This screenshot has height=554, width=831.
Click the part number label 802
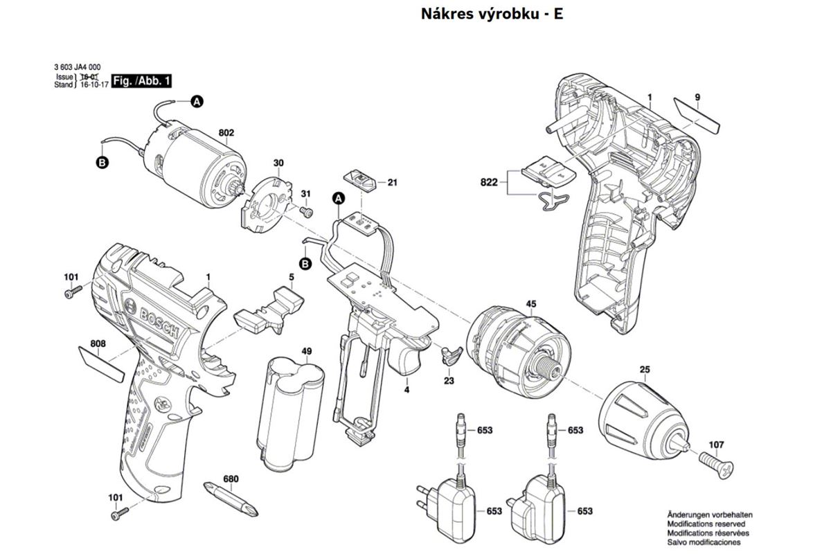point(226,132)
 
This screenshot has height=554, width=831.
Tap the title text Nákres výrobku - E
point(492,14)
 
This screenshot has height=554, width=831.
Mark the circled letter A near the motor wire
point(197,102)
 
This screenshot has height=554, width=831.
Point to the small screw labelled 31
point(307,210)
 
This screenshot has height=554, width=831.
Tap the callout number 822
point(490,182)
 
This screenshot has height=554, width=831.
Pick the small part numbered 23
point(451,356)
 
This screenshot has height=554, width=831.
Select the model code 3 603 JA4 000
point(80,67)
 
